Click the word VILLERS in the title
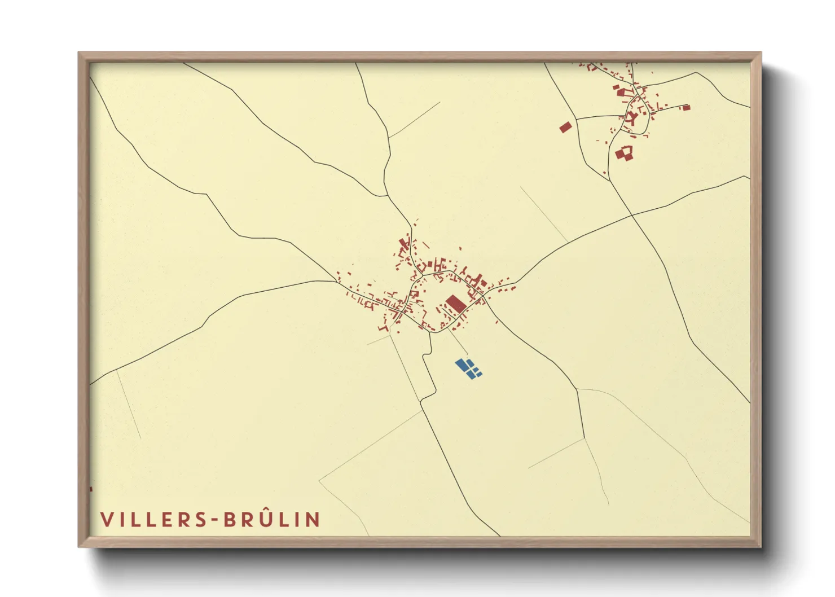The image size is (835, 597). pos(152,520)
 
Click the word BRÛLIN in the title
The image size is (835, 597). pos(272,520)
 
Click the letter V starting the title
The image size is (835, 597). pos(106,520)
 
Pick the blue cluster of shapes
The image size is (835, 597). pos(468,368)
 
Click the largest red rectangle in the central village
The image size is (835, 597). pos(456,303)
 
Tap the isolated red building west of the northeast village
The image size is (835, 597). pos(565,127)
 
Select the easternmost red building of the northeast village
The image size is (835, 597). pos(686,107)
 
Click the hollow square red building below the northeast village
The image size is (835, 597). pos(624,152)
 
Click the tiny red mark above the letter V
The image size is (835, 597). pos(91,489)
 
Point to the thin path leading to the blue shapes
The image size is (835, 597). pos(458,342)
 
